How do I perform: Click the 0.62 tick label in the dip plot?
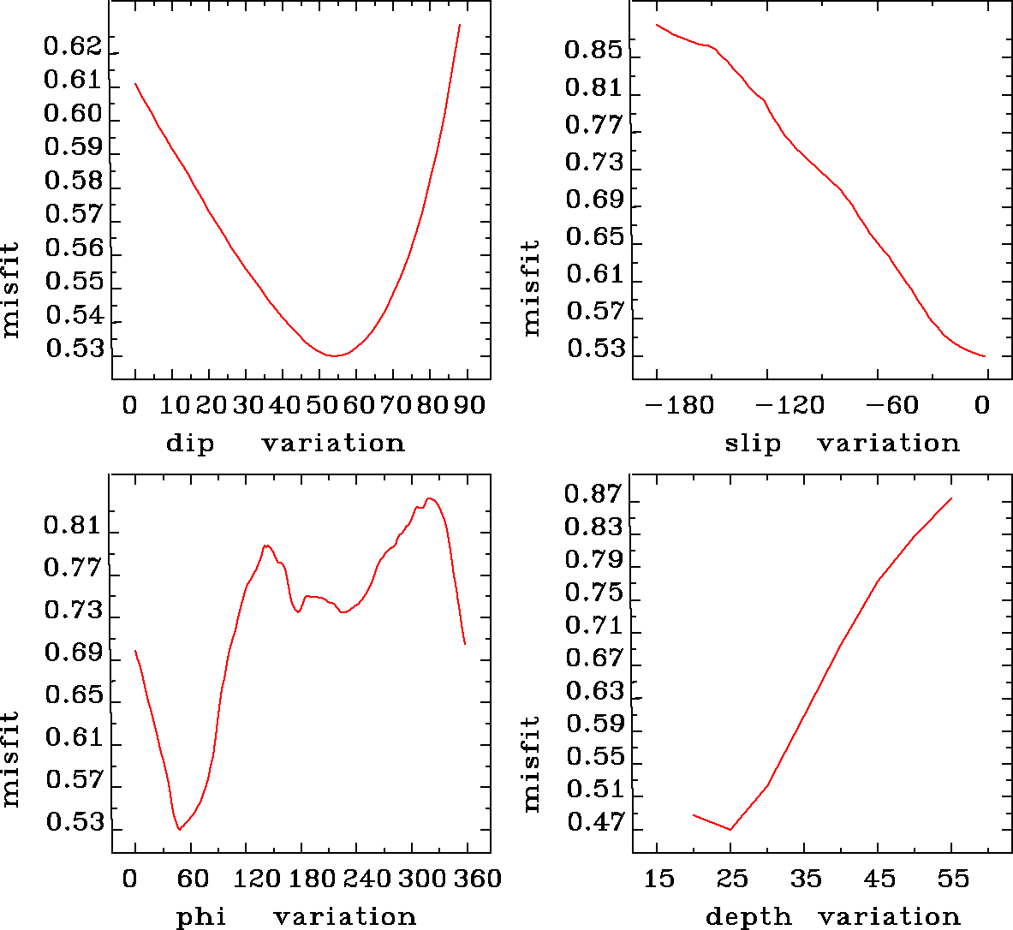tap(73, 46)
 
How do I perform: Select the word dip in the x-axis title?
tap(190, 444)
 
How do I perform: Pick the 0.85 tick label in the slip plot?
tap(593, 51)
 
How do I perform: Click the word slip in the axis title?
tap(753, 444)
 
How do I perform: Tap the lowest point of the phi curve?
tap(179, 829)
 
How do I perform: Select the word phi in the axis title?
tap(201, 917)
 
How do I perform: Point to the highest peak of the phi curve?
tap(430, 498)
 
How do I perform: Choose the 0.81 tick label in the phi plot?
tap(73, 525)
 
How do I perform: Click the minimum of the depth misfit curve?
tap(730, 829)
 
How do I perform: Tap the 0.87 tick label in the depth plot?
tap(593, 495)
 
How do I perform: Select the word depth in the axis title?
tap(748, 917)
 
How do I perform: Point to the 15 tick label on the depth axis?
tap(658, 879)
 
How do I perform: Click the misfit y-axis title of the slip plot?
tap(532, 288)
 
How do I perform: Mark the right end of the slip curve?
tap(986, 356)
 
